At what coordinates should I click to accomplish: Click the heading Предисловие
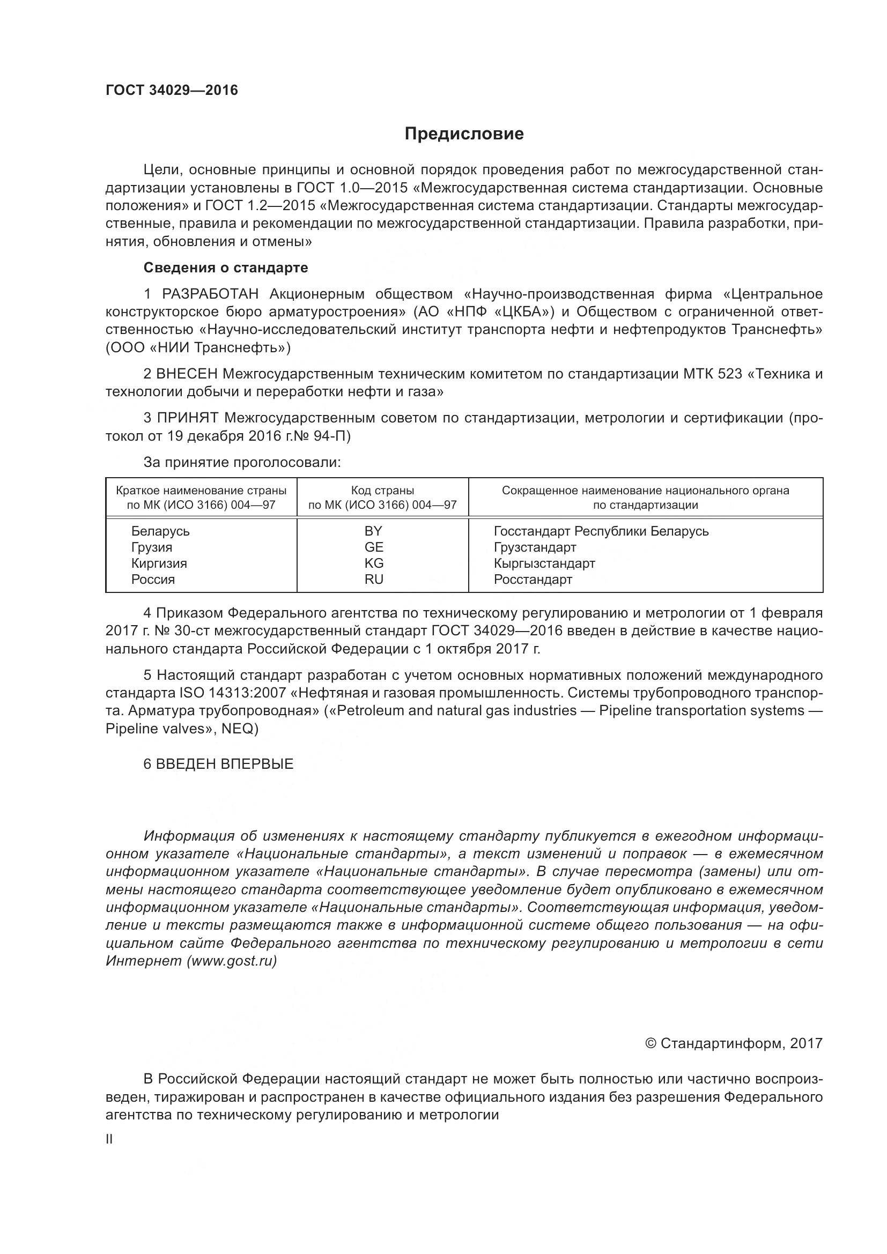[x=464, y=134]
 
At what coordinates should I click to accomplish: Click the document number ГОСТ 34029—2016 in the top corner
[x=172, y=90]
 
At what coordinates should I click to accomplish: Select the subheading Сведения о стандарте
[x=226, y=268]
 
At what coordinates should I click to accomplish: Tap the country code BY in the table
[x=374, y=531]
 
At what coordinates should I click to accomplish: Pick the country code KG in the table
[x=374, y=563]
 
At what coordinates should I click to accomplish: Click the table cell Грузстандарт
[x=535, y=547]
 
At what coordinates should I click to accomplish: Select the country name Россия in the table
[x=153, y=580]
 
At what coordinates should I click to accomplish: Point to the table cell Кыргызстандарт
[x=544, y=563]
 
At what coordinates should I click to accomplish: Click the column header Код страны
[x=382, y=491]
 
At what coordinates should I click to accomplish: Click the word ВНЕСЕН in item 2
[x=187, y=374]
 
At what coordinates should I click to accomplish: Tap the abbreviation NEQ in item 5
[x=239, y=729]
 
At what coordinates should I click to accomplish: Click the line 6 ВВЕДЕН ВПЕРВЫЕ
[x=218, y=764]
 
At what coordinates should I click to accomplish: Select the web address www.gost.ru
[x=232, y=961]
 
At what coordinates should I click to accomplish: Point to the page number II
[x=109, y=1139]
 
